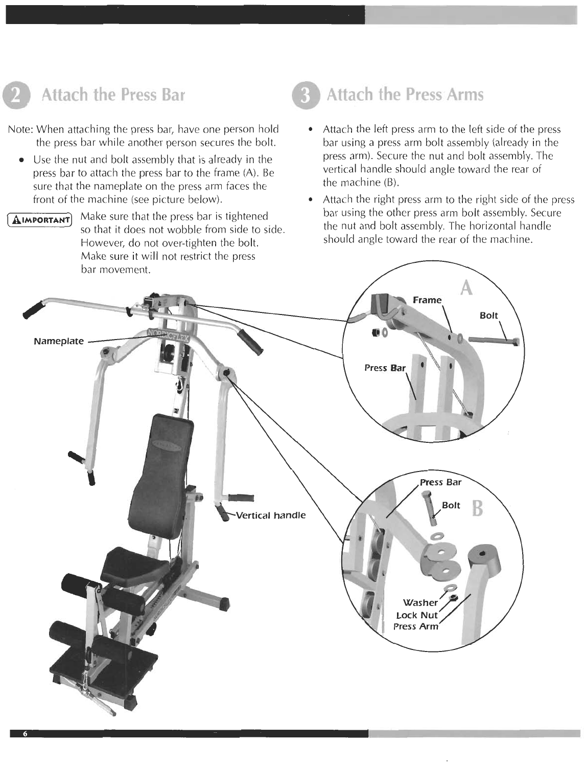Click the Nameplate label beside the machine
pos(59,341)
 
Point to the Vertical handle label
pos(271,515)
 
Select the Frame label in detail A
pos(427,300)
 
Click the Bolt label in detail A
pos(488,315)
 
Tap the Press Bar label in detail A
pos(385,367)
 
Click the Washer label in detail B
pos(421,602)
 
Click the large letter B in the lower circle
pos(477,509)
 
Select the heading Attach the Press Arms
pos(404,95)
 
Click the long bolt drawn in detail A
pos(493,340)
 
